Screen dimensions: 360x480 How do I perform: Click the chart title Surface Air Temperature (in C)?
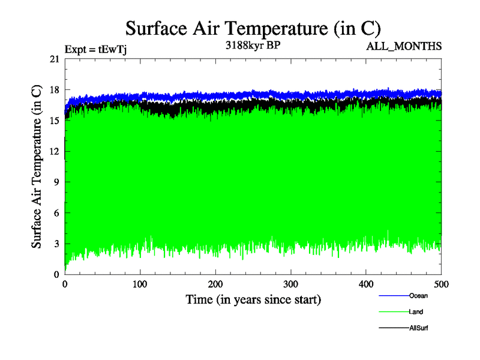tap(253, 28)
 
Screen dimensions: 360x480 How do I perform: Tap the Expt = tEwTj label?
tap(95, 50)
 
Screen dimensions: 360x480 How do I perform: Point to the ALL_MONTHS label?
tap(409, 46)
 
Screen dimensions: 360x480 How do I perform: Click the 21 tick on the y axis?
tap(55, 59)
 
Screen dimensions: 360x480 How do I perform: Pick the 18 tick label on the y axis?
tap(55, 90)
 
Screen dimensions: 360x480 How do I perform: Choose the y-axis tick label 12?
tap(55, 151)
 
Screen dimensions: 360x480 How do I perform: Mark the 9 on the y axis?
tap(57, 182)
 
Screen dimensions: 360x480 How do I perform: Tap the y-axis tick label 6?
tap(57, 213)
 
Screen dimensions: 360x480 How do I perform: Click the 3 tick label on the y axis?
tap(57, 244)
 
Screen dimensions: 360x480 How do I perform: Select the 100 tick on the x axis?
tap(140, 284)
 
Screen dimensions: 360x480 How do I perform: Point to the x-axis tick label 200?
tap(215, 284)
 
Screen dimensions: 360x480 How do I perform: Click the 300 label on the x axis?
tap(291, 284)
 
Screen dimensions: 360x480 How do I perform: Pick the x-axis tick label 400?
tap(366, 284)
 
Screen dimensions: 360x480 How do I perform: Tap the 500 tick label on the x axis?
tap(441, 284)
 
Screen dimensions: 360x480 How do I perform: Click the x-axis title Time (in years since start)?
tap(253, 299)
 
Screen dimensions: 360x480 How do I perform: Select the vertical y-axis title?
tap(37, 166)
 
